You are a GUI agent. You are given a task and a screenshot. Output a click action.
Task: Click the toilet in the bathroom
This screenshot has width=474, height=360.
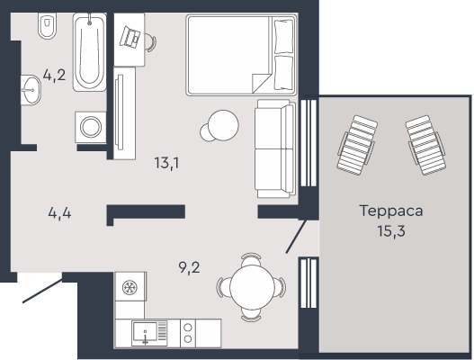coord(48,26)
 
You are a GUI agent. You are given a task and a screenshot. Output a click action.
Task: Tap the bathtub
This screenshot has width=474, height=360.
coord(89,51)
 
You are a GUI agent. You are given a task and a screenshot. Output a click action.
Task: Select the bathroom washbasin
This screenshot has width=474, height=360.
coord(31,90)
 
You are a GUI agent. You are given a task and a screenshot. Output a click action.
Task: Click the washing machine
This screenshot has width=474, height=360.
coord(90,127)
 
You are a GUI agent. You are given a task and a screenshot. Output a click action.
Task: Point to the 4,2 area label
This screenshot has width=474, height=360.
coord(54,75)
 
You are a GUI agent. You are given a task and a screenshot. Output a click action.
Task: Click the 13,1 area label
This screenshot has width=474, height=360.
coord(166,164)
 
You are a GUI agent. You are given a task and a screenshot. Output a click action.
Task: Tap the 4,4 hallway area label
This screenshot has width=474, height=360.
coord(59,213)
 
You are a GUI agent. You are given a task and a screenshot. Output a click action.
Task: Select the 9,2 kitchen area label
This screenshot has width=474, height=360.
coord(189,267)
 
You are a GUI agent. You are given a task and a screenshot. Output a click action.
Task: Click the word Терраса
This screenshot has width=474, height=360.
coord(391,211)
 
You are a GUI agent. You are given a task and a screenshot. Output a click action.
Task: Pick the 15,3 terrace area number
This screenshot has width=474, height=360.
coord(391,231)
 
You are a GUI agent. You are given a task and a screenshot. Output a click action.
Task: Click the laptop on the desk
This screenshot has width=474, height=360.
coord(130,37)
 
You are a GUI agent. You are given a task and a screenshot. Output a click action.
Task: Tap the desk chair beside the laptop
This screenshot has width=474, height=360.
coord(150,41)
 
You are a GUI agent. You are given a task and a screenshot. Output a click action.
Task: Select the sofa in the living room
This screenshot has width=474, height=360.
coord(275,148)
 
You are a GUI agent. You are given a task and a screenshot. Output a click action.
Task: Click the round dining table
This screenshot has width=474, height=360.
coord(252,287)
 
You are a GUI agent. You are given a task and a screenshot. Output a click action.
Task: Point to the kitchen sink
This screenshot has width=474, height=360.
coord(149,334)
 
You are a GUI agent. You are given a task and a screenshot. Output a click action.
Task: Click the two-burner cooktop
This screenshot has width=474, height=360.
coord(188,333)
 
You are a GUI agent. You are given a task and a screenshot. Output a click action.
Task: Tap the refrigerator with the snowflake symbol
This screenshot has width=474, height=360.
coord(130,286)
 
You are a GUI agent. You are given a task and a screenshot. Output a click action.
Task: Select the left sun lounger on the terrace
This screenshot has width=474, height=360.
coord(357,145)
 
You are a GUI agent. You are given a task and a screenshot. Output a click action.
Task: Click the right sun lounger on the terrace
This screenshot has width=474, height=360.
coord(425,145)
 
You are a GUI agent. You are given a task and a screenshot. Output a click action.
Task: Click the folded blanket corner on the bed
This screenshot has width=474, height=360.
coord(261,83)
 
